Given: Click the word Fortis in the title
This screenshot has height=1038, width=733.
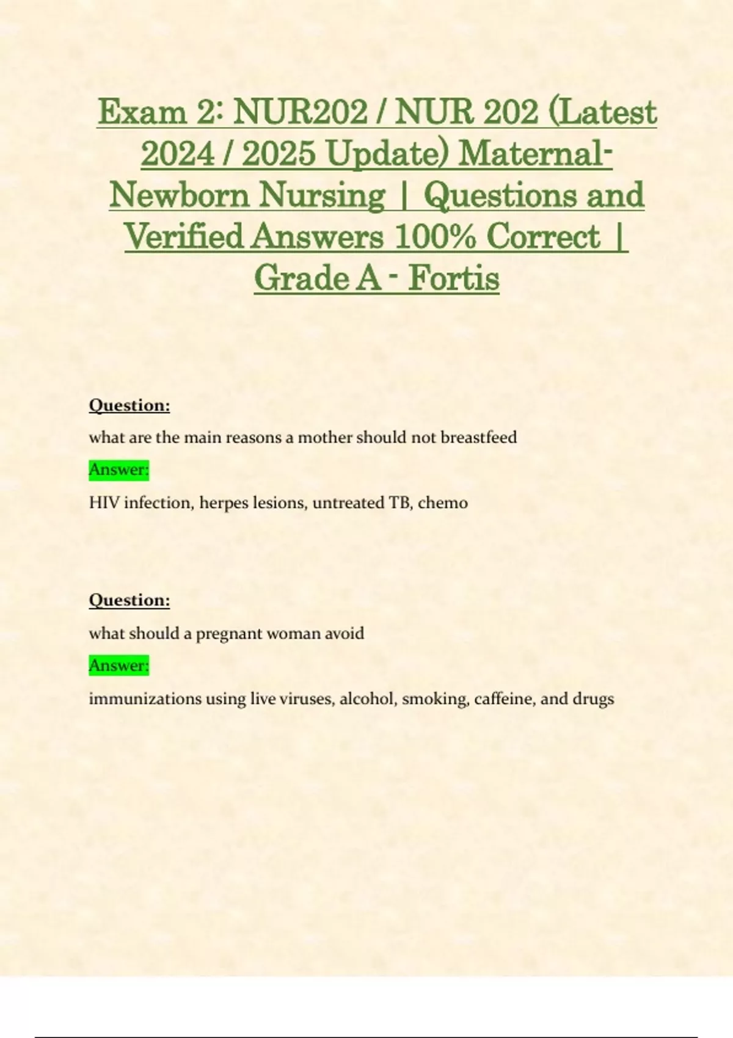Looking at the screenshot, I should [454, 278].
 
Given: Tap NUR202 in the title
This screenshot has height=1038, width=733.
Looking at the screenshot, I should [301, 112].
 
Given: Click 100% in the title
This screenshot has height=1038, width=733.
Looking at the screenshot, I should [435, 237].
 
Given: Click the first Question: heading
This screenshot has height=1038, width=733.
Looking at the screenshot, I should [129, 405].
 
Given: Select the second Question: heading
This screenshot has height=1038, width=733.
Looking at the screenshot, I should [129, 600].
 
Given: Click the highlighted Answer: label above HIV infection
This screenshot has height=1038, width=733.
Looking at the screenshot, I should [119, 470].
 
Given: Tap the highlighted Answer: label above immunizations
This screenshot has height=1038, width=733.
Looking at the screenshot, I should [119, 665].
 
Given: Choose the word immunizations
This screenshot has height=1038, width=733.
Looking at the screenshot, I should [145, 699].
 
